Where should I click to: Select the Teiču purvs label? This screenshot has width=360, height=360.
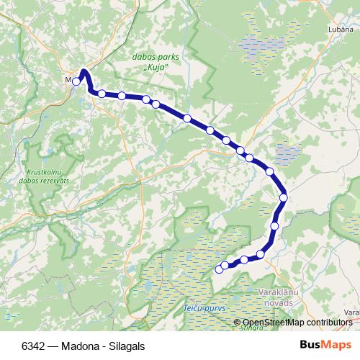click(205, 308)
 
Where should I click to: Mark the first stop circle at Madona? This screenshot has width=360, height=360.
click(76, 81)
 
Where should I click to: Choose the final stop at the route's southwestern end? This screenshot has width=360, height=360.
click(219, 269)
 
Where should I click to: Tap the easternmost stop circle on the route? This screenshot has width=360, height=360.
click(284, 197)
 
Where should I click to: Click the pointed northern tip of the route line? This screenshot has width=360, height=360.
click(84, 71)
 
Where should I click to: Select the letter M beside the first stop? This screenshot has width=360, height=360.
click(68, 80)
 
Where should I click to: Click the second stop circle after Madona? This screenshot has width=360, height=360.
click(122, 96)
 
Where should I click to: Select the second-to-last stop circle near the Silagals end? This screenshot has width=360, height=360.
click(225, 265)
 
